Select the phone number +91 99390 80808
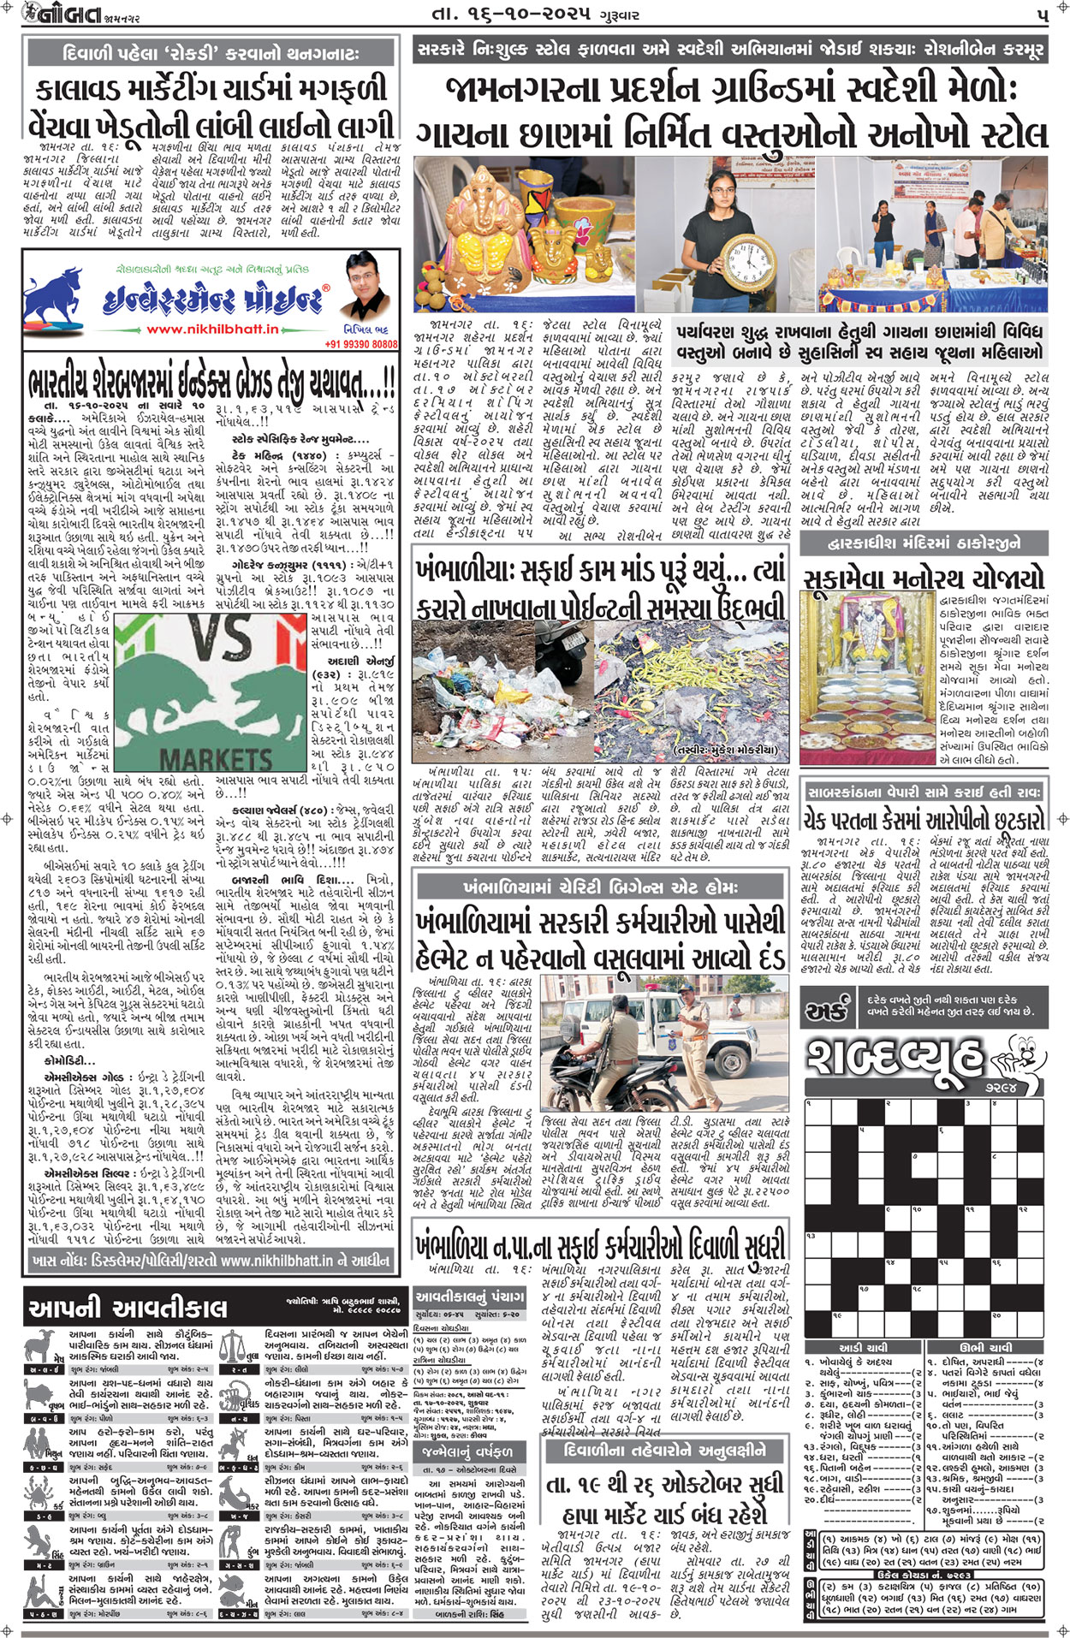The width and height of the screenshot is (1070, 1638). [361, 344]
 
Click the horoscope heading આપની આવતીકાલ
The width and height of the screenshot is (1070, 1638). [128, 1308]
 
